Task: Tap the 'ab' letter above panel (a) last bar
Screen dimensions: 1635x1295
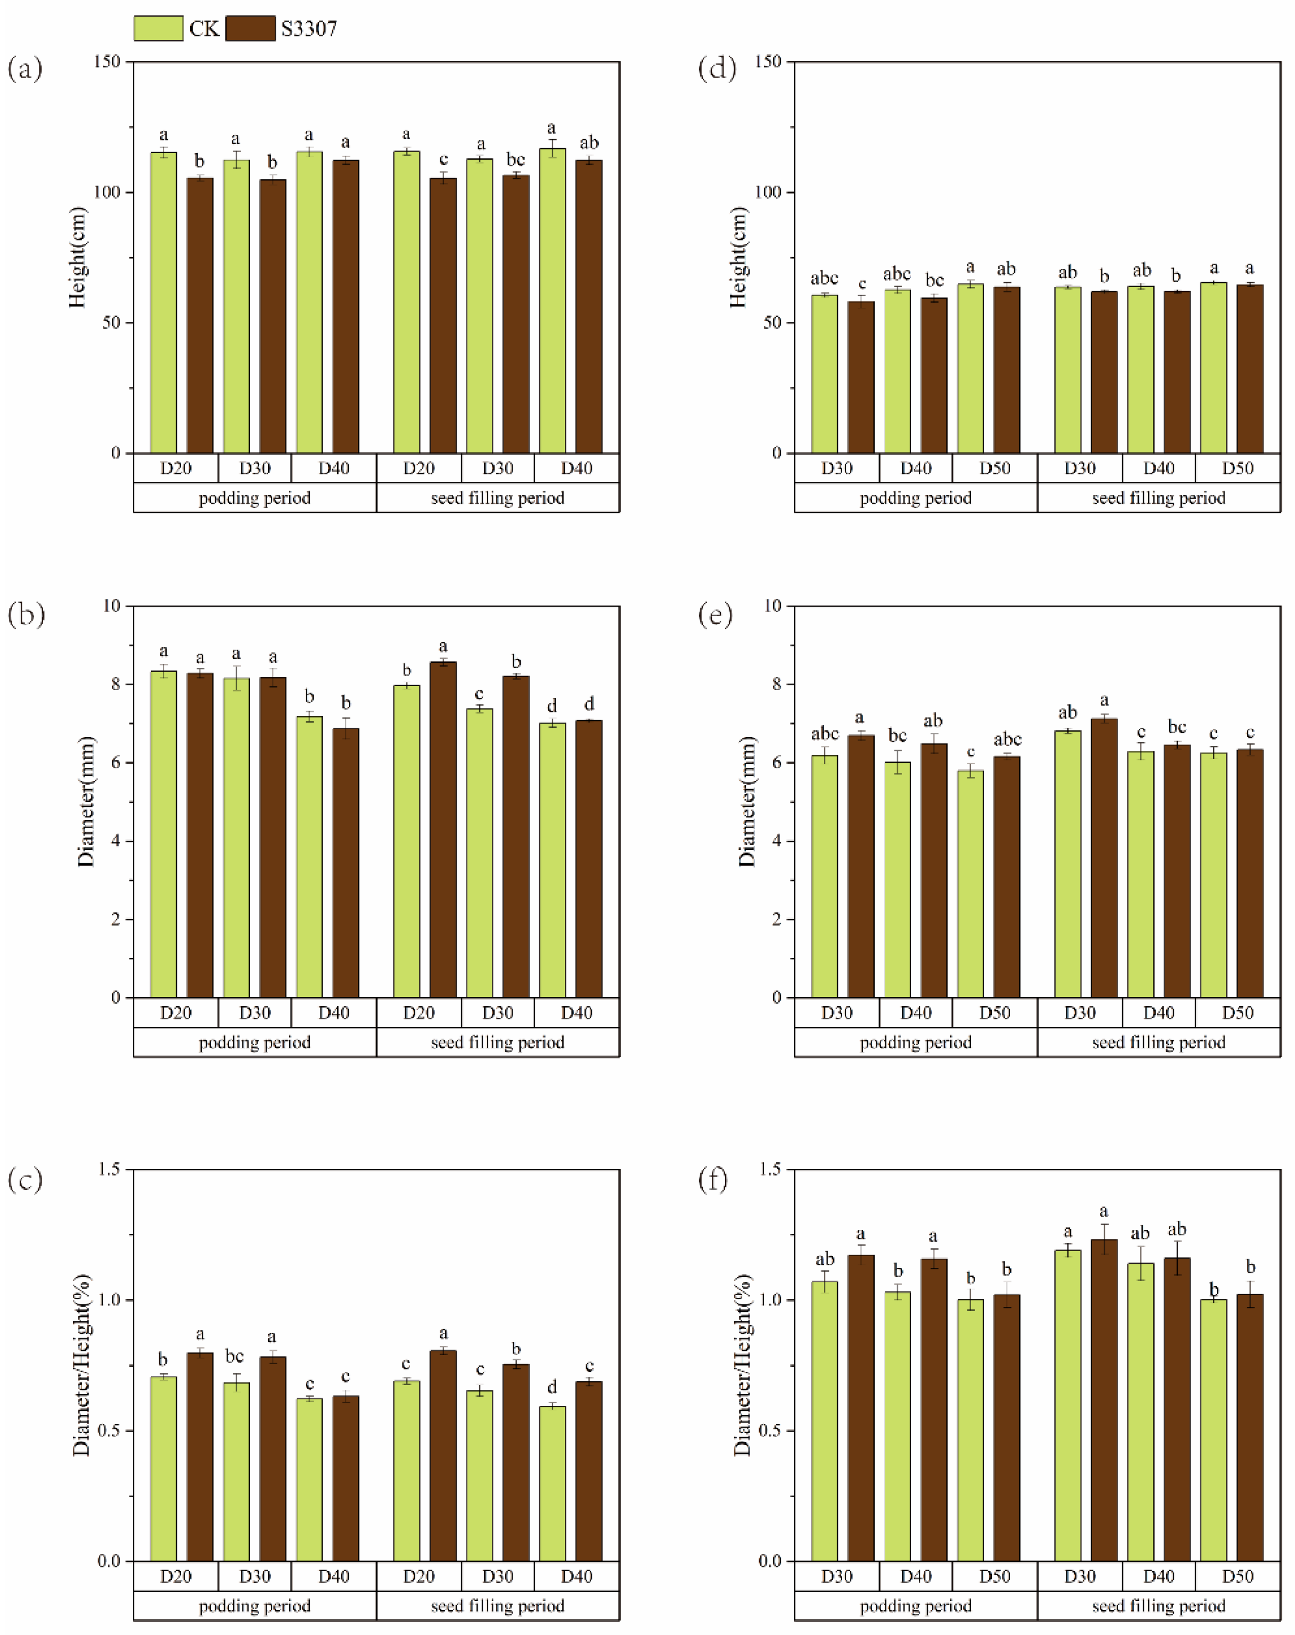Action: [589, 143]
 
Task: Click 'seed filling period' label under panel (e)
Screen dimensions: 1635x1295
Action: [1159, 1042]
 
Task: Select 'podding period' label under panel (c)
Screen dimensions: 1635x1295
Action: [255, 1606]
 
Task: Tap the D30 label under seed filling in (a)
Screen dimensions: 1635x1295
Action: [497, 468]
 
